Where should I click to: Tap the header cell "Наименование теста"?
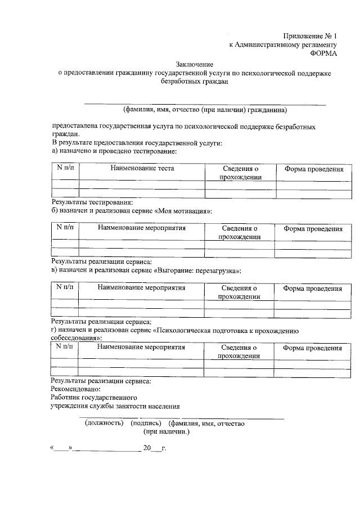tap(142, 168)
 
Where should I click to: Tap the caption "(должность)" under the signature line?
tap(104, 422)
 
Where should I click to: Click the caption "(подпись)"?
tap(146, 422)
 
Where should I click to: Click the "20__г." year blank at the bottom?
tap(155, 449)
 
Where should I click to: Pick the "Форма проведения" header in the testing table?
tap(313, 169)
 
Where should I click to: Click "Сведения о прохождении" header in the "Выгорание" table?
tap(239, 292)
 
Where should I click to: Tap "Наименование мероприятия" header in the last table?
tap(141, 348)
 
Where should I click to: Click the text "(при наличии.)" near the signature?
tap(167, 431)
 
